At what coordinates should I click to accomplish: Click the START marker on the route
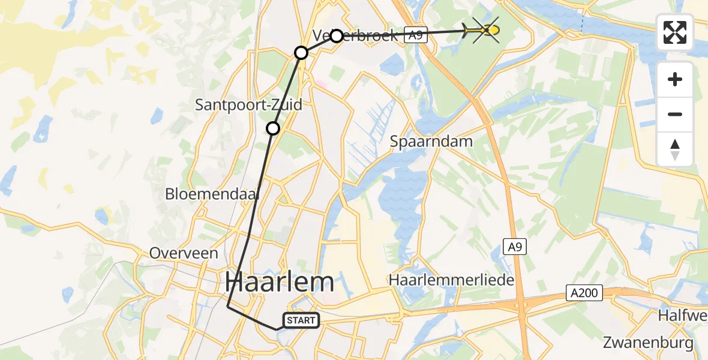[x=301, y=320]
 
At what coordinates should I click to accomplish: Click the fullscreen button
[x=675, y=32]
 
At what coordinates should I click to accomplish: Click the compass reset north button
[x=675, y=149]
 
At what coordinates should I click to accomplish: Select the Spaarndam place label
[x=431, y=142]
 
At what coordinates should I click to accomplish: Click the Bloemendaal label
[x=211, y=194]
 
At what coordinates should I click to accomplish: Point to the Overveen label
[x=184, y=253]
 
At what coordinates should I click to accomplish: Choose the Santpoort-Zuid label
[x=248, y=105]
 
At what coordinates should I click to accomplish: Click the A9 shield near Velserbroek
[x=415, y=35]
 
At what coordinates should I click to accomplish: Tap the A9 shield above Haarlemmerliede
[x=514, y=245]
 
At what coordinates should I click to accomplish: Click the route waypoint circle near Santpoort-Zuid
[x=273, y=128]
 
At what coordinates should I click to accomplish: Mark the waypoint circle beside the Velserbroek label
[x=337, y=36]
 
